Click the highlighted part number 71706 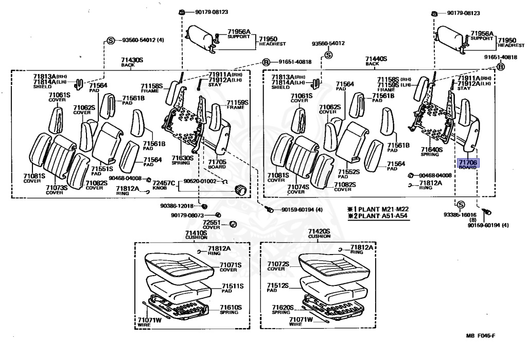(468, 162)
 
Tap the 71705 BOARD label (217, 164)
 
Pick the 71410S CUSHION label (196, 235)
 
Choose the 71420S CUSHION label (319, 234)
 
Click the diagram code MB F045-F (480, 336)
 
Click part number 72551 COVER (211, 224)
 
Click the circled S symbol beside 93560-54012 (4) (110, 41)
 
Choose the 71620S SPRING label (283, 310)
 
